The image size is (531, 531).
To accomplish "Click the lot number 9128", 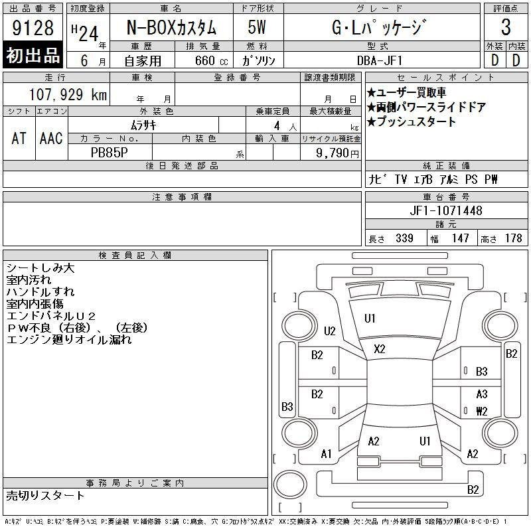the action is [x=33, y=28].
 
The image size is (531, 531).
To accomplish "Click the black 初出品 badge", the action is [x=33, y=55].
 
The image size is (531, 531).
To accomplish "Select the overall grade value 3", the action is [x=506, y=27].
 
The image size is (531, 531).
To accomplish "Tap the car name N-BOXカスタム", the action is [x=171, y=27].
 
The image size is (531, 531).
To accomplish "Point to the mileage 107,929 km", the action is [x=68, y=94].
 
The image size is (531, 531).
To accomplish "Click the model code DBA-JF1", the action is [x=380, y=60].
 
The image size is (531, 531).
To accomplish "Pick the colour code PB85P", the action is [x=110, y=153].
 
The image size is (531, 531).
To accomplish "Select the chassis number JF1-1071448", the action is [x=446, y=210].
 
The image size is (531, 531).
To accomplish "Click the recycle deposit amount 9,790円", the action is [x=337, y=153].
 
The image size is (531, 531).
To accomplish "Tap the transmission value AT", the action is [x=19, y=138].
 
